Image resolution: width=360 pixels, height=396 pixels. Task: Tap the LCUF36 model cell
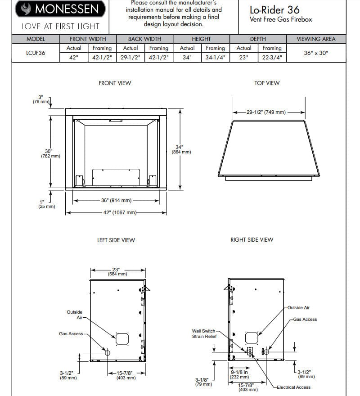click(36, 53)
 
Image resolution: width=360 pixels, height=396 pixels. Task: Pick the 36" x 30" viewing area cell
click(316, 53)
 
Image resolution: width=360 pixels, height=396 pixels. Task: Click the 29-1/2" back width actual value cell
click(130, 58)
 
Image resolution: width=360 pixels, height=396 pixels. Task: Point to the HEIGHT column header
click(201, 39)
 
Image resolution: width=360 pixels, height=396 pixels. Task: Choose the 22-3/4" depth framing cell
click(272, 58)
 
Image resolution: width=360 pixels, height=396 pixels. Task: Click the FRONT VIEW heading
click(115, 83)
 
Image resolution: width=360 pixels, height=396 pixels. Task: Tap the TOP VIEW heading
click(267, 83)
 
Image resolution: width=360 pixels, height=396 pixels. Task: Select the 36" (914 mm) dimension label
click(116, 201)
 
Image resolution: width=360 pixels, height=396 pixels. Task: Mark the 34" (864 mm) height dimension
click(181, 149)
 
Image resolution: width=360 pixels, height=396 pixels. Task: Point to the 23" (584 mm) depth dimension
click(117, 271)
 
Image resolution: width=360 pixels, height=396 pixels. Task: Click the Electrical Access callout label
click(293, 387)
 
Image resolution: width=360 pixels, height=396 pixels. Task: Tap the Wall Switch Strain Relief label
click(204, 333)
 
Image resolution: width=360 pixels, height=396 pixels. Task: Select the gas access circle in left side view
click(108, 353)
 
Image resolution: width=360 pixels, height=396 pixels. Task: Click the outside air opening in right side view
click(251, 337)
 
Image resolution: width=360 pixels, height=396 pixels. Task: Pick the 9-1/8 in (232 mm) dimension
click(239, 374)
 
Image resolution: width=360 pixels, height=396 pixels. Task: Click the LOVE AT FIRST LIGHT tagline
click(60, 27)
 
